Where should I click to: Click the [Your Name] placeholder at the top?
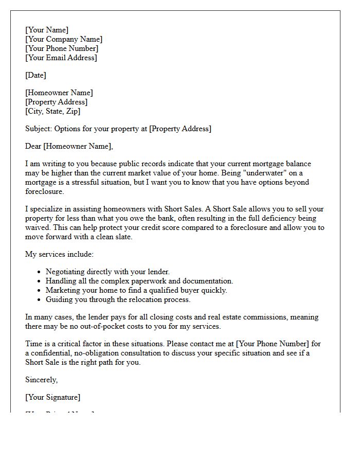click(x=47, y=30)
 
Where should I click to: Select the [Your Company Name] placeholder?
click(x=64, y=39)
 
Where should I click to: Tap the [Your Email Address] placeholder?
click(x=61, y=58)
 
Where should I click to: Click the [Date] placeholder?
click(x=35, y=75)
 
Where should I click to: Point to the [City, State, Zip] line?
click(x=53, y=111)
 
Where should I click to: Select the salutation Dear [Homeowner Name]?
click(x=69, y=146)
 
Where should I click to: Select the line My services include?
click(x=60, y=254)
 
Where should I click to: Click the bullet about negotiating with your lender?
click(x=107, y=272)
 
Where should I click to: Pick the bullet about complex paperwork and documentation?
click(x=139, y=281)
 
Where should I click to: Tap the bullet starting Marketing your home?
click(x=136, y=290)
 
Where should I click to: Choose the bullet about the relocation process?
click(x=118, y=299)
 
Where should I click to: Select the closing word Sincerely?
click(x=42, y=380)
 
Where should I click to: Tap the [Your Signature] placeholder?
click(x=52, y=397)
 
